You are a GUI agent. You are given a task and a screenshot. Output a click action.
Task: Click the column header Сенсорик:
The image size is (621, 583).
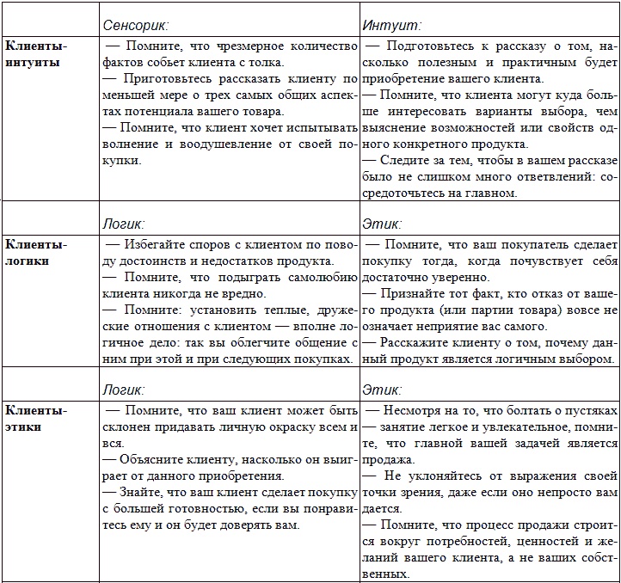point(135,27)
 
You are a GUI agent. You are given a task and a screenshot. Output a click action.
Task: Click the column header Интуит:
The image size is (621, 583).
point(391,27)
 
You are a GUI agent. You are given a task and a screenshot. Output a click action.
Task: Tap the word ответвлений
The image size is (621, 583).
point(516,177)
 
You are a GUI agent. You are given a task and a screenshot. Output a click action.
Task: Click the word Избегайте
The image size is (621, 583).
point(156,244)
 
